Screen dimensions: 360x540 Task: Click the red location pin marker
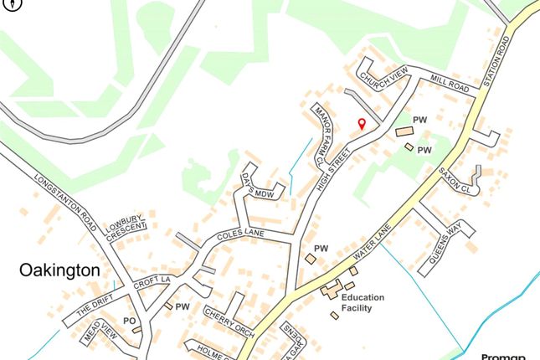pyautogui.click(x=362, y=124)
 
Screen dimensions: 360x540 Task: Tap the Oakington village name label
pyautogui.click(x=60, y=270)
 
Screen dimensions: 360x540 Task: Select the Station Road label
pyautogui.click(x=498, y=59)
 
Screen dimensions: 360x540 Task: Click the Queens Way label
pyautogui.click(x=446, y=245)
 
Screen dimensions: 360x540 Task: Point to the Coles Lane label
pyautogui.click(x=239, y=236)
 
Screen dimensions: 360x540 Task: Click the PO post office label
pyautogui.click(x=129, y=321)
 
